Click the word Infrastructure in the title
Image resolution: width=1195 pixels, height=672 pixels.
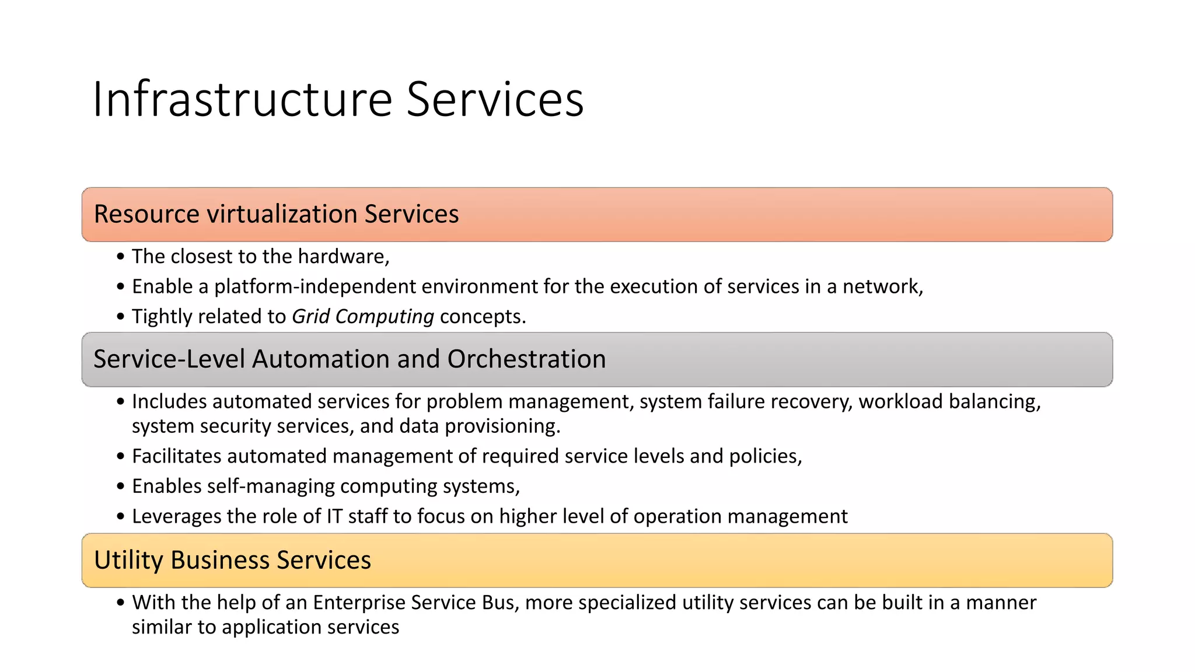pyautogui.click(x=242, y=99)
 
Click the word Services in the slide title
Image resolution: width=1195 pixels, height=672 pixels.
pyautogui.click(x=495, y=99)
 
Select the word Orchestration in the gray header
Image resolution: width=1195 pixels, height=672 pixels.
pyautogui.click(x=526, y=359)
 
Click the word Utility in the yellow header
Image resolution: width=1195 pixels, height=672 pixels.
pyautogui.click(x=128, y=560)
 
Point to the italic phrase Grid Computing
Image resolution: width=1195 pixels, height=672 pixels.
pyautogui.click(x=362, y=317)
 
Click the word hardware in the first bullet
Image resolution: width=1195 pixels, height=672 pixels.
pyautogui.click(x=342, y=257)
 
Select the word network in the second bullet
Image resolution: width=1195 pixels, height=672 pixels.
pyautogui.click(x=881, y=287)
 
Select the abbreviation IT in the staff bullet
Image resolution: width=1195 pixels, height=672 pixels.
pyautogui.click(x=334, y=517)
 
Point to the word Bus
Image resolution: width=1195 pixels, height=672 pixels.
pyautogui.click(x=501, y=603)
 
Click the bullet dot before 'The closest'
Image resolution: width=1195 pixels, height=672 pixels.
pyautogui.click(x=120, y=257)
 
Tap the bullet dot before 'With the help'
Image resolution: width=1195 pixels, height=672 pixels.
pyautogui.click(x=120, y=603)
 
